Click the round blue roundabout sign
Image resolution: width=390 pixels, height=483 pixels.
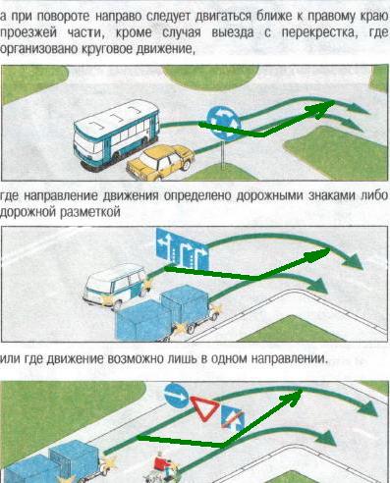(224, 124)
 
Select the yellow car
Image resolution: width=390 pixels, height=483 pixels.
(160, 162)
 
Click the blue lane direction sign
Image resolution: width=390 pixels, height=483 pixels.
(182, 248)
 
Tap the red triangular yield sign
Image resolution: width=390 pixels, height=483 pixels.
(205, 408)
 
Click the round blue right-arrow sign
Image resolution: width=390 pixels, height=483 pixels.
(176, 395)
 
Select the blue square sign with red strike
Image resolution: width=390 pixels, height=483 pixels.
(233, 419)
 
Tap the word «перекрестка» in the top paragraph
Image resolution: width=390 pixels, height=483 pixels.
(319, 32)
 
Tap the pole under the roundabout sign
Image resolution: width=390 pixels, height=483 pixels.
(224, 155)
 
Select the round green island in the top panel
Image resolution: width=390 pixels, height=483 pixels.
(211, 78)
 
